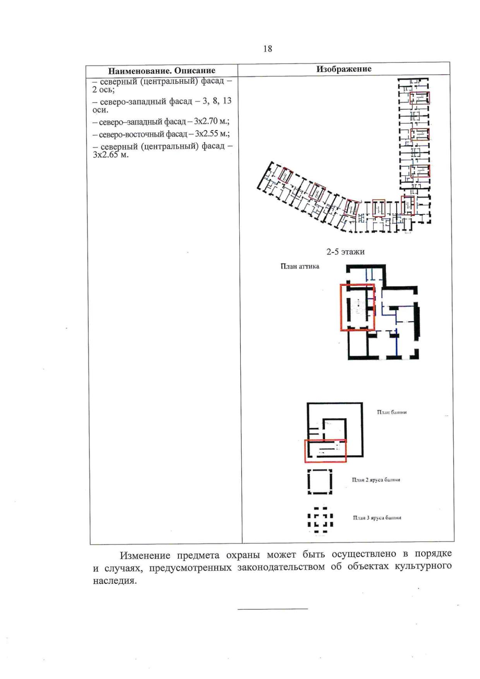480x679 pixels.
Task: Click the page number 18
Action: (x=268, y=49)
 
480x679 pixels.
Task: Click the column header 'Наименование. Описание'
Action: (x=162, y=71)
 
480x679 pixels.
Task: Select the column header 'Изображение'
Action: (x=344, y=69)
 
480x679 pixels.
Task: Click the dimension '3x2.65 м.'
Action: (x=110, y=155)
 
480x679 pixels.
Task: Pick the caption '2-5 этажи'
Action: (x=345, y=252)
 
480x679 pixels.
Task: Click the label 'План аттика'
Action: (x=300, y=266)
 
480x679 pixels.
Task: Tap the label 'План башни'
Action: (x=392, y=412)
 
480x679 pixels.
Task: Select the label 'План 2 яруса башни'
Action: (x=376, y=480)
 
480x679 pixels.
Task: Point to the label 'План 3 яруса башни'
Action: (x=377, y=518)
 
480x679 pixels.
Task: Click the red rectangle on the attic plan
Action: (x=357, y=307)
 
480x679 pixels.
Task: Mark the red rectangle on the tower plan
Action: (x=325, y=451)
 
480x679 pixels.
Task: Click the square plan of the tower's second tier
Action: (x=320, y=482)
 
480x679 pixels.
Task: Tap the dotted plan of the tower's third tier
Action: (x=320, y=520)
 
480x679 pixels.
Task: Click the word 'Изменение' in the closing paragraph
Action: (x=145, y=555)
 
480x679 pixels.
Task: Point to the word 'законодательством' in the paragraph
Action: (x=281, y=567)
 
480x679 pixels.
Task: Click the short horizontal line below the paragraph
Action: (x=272, y=609)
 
